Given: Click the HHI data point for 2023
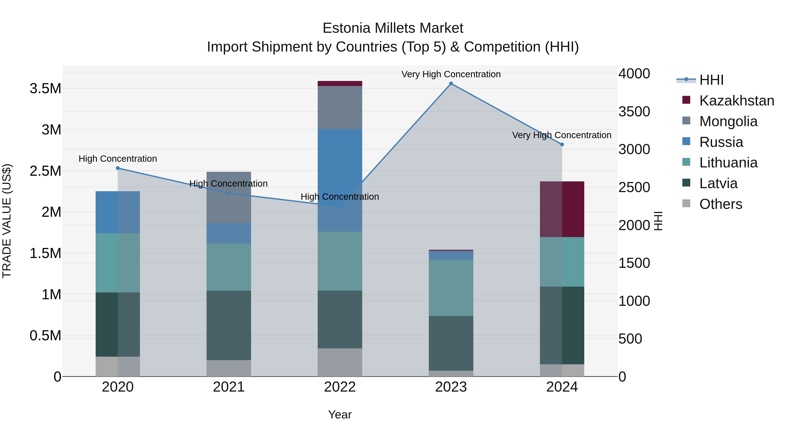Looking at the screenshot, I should click(x=451, y=84).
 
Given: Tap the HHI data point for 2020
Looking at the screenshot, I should click(x=118, y=168).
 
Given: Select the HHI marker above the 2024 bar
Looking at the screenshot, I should click(x=562, y=144).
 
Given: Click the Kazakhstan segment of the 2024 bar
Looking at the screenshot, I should click(x=562, y=209).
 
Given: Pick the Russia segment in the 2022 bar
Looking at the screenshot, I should click(x=340, y=180).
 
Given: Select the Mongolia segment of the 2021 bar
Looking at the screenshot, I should click(x=229, y=197).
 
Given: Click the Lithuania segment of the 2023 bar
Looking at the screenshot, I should click(x=451, y=288).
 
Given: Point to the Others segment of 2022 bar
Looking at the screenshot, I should click(x=340, y=362).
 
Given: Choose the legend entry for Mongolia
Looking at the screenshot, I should click(x=728, y=121).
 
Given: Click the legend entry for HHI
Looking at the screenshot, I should click(x=711, y=80).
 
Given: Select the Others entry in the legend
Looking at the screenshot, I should click(x=720, y=204).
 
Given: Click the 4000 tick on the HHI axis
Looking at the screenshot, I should click(x=634, y=74).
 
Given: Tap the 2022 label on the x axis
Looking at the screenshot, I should click(x=340, y=387).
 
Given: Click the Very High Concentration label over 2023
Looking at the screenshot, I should click(x=451, y=74).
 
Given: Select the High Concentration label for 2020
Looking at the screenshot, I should click(x=118, y=159).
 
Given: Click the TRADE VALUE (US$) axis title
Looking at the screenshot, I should click(x=7, y=221).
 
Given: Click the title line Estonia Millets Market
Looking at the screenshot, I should click(x=393, y=28).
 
